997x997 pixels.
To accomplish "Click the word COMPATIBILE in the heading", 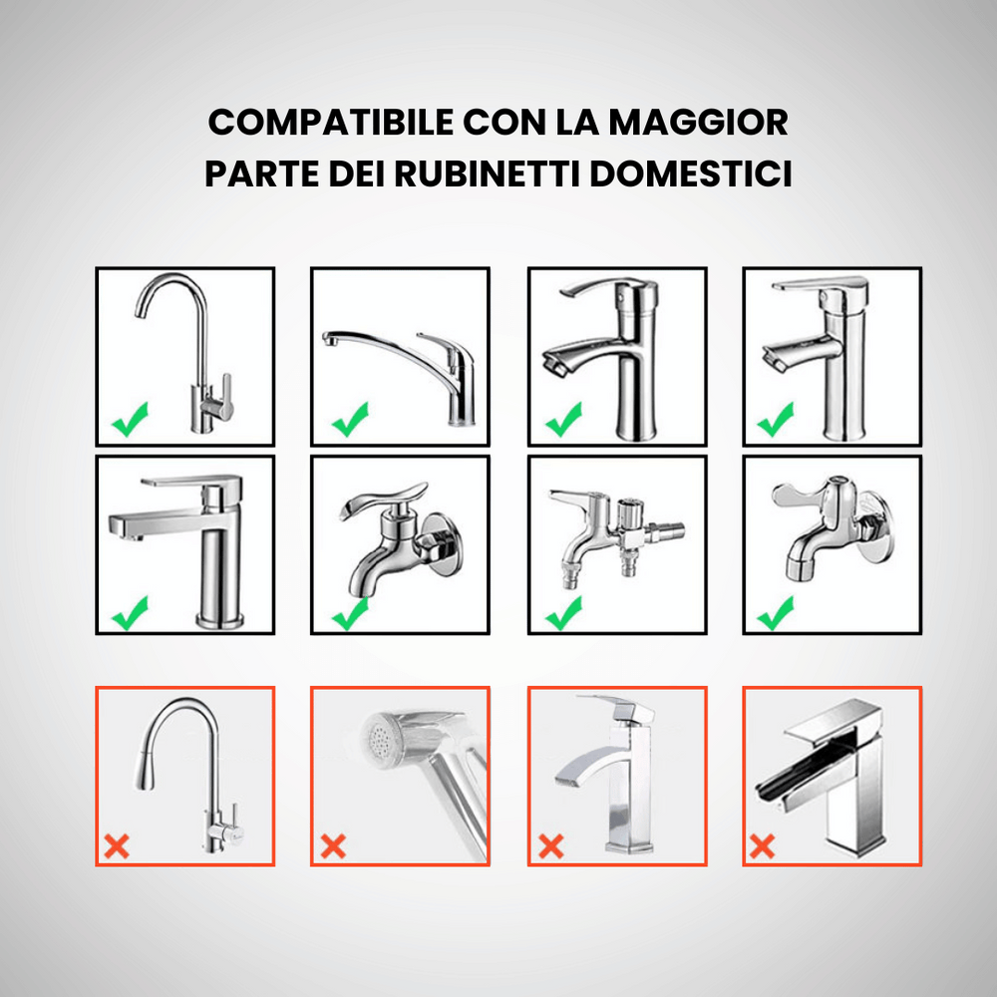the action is (x=331, y=122).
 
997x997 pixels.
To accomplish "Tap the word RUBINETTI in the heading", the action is (x=488, y=173).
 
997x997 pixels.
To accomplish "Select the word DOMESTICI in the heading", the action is (x=691, y=173).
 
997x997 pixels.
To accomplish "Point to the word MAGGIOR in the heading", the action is (x=698, y=122).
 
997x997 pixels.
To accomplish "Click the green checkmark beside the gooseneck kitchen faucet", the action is (x=131, y=420).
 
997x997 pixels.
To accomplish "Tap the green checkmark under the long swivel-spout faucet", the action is (x=350, y=420).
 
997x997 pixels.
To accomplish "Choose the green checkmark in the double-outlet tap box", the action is (x=564, y=613).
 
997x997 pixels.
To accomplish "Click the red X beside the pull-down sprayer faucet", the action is (x=117, y=846).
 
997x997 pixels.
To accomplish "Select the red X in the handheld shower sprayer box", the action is (x=333, y=846).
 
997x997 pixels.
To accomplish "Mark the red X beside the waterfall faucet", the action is (x=763, y=846).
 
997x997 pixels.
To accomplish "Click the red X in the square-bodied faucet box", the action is (x=550, y=846).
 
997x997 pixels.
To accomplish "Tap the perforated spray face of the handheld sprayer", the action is (x=382, y=738).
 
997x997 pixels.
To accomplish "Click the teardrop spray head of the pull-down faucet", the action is (x=146, y=765).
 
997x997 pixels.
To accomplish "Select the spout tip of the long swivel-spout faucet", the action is (x=329, y=339).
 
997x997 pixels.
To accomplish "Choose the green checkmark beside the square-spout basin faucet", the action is (x=131, y=613).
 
